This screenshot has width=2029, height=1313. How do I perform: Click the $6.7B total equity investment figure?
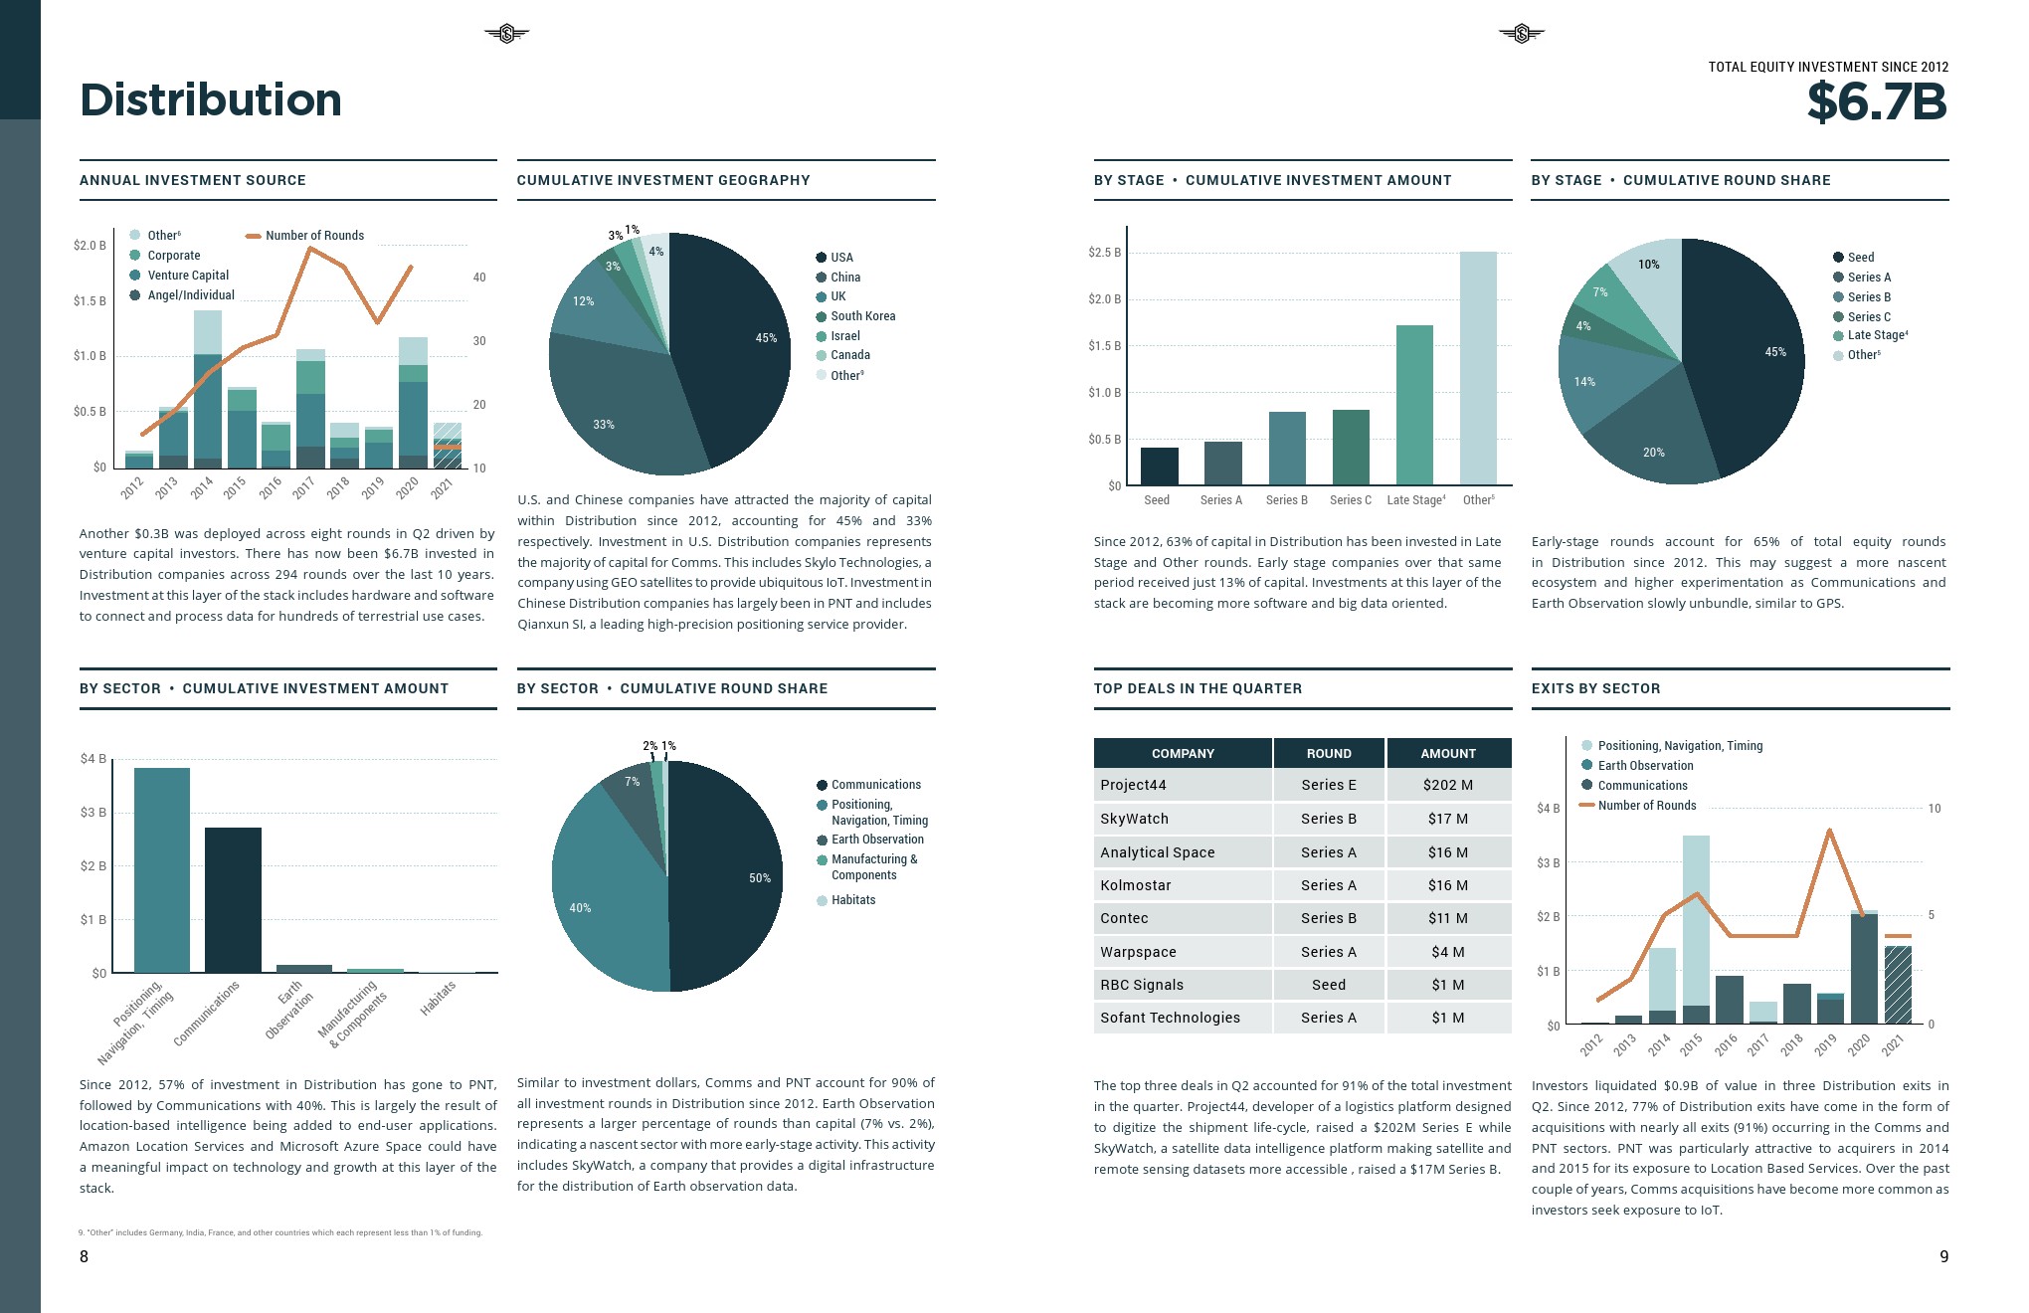click(x=1876, y=101)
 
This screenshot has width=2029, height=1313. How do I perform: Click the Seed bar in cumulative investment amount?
click(x=1159, y=467)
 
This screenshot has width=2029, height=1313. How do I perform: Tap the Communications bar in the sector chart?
click(x=233, y=899)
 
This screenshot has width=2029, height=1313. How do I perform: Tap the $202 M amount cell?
click(x=1447, y=785)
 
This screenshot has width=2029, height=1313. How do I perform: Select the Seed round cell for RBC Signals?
click(x=1328, y=985)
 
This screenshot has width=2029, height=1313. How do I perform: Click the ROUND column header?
click(x=1328, y=753)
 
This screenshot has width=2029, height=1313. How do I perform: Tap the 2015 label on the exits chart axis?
click(x=1691, y=1044)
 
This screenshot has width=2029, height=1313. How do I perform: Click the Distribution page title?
click(x=211, y=99)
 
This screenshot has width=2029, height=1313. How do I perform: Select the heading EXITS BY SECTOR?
click(x=1595, y=688)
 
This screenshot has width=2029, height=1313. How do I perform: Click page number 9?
click(x=1943, y=1256)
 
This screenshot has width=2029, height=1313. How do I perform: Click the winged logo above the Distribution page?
click(x=506, y=35)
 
